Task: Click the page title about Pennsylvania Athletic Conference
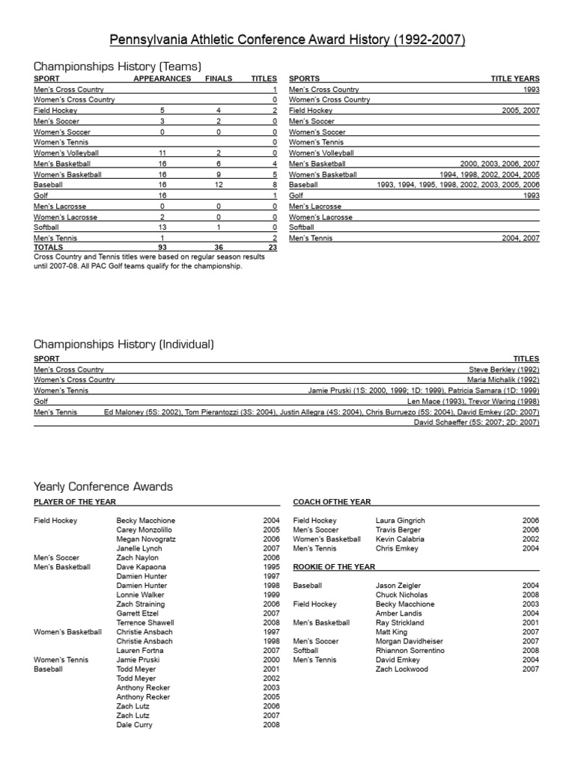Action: coord(287,40)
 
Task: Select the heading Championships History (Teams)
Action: coord(118,66)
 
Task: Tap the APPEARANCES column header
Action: coord(162,79)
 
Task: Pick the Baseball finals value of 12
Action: coord(218,184)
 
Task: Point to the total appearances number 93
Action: coord(162,248)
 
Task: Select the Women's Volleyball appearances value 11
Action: coord(162,153)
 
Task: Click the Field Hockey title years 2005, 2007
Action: coord(520,110)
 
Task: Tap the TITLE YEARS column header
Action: coord(515,79)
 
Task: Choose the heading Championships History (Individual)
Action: coord(124,344)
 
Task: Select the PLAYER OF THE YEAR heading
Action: coord(75,502)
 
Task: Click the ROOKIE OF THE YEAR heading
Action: coord(336,567)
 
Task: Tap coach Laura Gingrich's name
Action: coord(400,521)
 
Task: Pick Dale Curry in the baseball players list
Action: coord(135,725)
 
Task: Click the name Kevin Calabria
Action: coord(400,539)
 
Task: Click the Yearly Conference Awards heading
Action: coord(103,486)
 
